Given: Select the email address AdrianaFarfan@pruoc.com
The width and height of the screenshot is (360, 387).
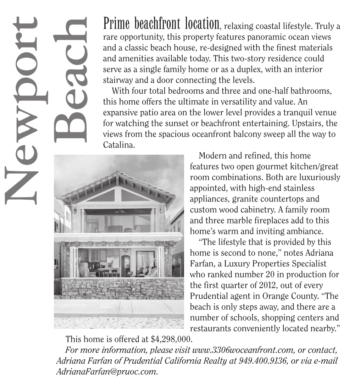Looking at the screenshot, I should tap(106, 372).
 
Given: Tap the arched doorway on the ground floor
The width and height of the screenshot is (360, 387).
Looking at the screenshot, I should tap(126, 264).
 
